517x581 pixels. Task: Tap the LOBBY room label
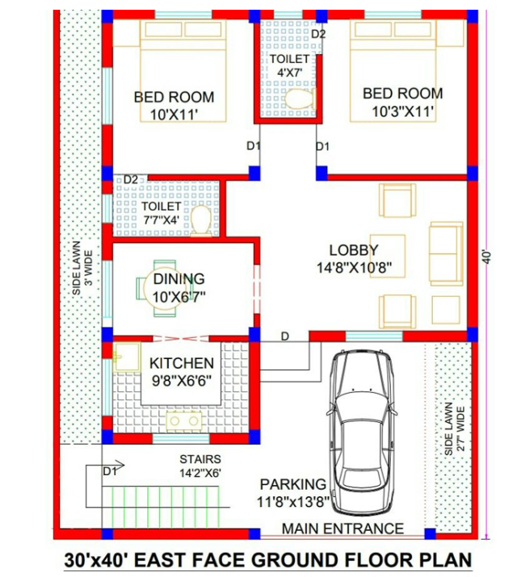tap(354, 250)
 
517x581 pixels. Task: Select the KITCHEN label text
tap(182, 363)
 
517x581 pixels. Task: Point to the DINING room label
tap(179, 278)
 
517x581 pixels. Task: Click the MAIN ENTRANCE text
tap(343, 529)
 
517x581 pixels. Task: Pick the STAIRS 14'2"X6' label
tap(200, 466)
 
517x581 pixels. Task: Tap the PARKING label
tap(293, 484)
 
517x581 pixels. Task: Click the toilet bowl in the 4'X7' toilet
tap(300, 98)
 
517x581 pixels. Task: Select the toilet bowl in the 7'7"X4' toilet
tap(201, 221)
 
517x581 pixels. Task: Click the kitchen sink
tap(127, 357)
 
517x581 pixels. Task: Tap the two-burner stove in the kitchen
tap(184, 421)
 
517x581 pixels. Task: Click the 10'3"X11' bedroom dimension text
tap(403, 111)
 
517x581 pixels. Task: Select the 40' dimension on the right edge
tap(488, 257)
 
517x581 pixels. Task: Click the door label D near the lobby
tap(285, 336)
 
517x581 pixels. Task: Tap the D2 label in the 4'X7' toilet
tap(318, 34)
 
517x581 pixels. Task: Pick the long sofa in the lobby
tap(446, 254)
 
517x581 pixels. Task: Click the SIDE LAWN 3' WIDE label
tap(82, 268)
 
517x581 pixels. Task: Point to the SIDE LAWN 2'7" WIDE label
tap(454, 428)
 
